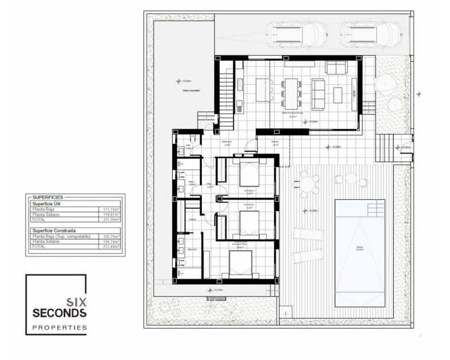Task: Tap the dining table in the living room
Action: coord(291,92)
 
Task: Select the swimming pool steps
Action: coord(375,209)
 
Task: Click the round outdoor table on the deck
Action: coord(308,184)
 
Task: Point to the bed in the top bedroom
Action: coord(249,174)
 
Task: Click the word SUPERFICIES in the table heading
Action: coord(48,197)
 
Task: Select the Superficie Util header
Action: coord(47,204)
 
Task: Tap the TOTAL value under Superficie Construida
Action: coord(110,247)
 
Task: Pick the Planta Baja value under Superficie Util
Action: coord(110,209)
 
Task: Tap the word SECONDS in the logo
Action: coord(60,313)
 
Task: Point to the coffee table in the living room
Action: coord(337,94)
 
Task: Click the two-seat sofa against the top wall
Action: coord(336,68)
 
